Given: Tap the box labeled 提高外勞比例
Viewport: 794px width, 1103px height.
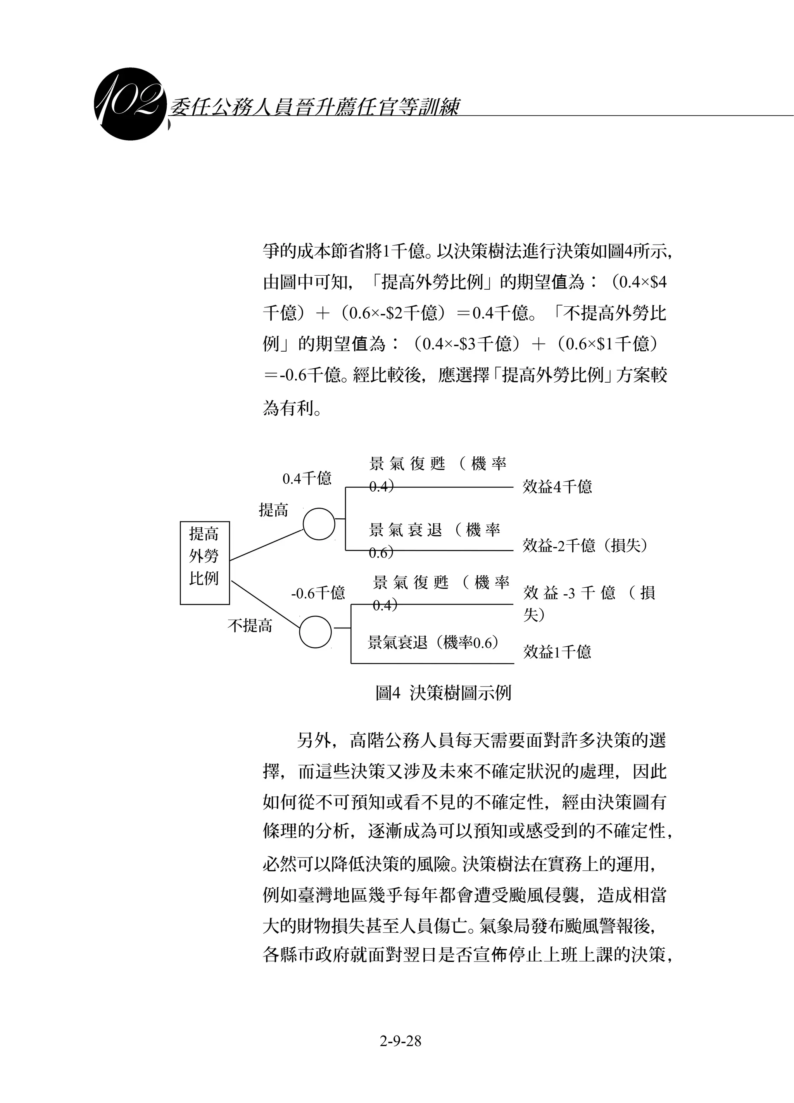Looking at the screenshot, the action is click(x=204, y=563).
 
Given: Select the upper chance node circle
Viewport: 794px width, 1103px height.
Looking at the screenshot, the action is click(x=319, y=524).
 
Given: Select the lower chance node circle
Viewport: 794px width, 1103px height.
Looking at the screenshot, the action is click(x=315, y=632).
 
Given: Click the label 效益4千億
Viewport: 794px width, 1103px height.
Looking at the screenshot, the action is click(x=557, y=487).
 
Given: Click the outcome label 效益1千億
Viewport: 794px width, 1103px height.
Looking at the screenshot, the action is click(x=557, y=652).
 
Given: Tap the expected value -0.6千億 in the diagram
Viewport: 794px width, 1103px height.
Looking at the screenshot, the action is click(x=318, y=593).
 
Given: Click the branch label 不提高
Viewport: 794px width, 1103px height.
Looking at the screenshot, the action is click(x=250, y=626).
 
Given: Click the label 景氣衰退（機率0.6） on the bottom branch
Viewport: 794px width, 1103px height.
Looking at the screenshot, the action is click(x=433, y=643).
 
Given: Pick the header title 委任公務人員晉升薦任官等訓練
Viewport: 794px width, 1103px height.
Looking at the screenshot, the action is click(x=314, y=107).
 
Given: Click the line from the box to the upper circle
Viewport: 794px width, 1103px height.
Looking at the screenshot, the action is click(x=266, y=545).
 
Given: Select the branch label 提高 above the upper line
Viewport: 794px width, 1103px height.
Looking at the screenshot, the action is click(x=273, y=510).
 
